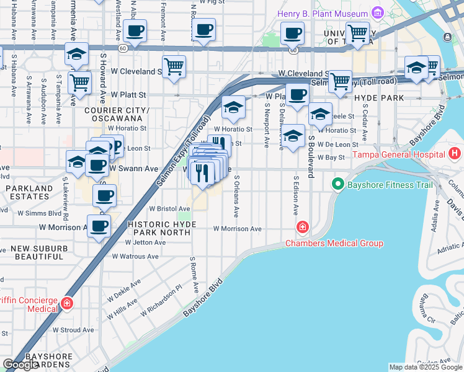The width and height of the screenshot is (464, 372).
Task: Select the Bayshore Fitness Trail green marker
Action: tap(337, 184)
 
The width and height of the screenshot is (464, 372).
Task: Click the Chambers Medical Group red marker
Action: tap(303, 228)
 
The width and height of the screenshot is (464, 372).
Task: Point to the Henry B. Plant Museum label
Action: tap(323, 13)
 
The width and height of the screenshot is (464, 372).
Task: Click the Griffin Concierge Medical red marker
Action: tap(67, 304)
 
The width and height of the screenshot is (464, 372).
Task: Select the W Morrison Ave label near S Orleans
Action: tap(237, 229)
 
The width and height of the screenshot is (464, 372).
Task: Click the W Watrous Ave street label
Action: tap(135, 256)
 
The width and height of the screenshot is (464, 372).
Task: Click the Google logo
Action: tap(20, 365)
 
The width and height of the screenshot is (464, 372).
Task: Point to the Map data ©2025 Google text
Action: tap(425, 367)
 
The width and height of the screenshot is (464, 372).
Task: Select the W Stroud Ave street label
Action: tap(73, 330)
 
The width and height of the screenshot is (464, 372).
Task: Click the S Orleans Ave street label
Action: tap(236, 196)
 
